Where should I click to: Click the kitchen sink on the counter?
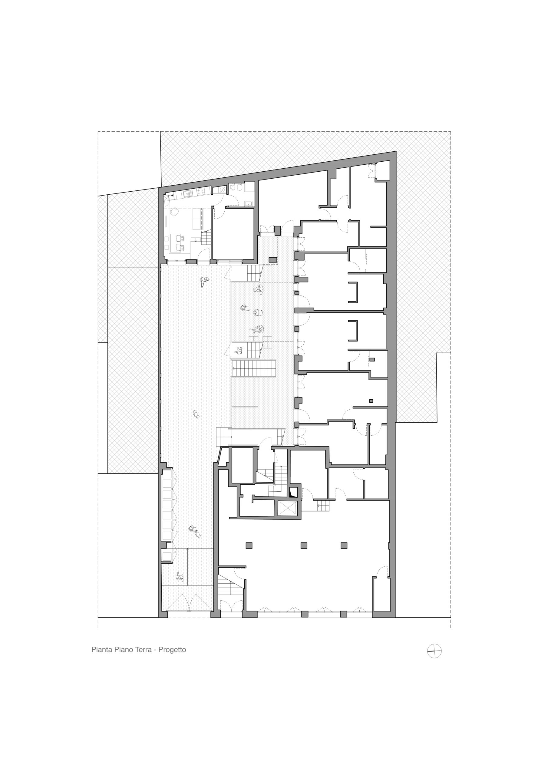click(187, 193)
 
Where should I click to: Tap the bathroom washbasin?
click(248, 203)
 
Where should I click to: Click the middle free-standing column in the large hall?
click(304, 546)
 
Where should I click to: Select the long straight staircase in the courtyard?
click(254, 368)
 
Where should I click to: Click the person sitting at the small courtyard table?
click(240, 351)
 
